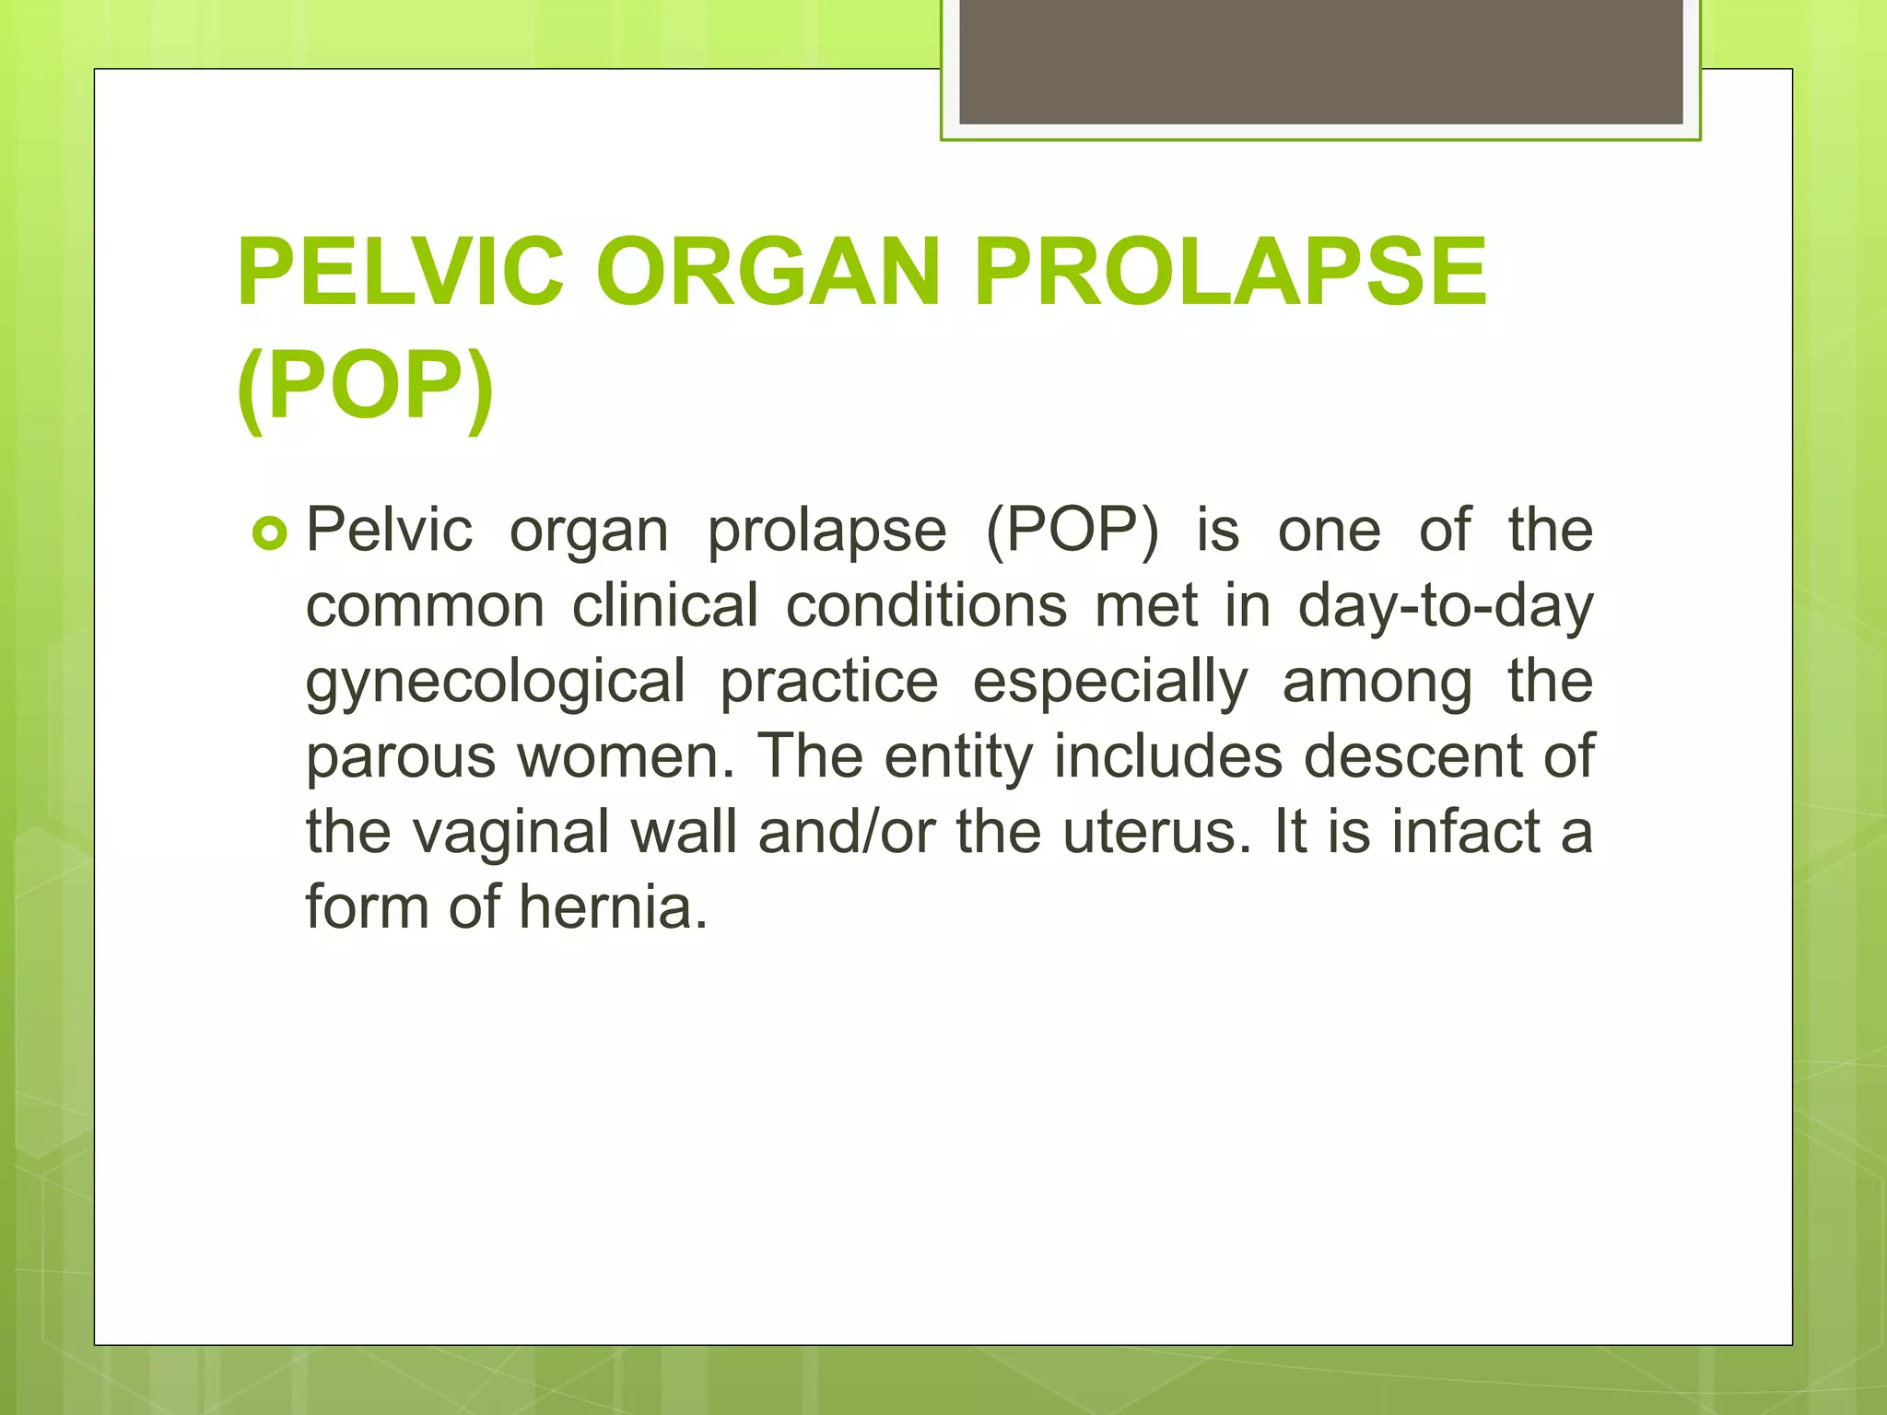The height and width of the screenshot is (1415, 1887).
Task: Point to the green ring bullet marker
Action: (270, 533)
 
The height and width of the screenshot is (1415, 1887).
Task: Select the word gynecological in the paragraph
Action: (496, 683)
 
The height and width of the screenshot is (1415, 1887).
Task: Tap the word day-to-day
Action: (1445, 607)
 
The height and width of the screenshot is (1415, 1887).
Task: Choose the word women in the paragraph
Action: (626, 756)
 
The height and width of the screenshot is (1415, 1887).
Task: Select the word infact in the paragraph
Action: (1464, 832)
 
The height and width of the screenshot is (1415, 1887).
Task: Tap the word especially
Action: (1109, 683)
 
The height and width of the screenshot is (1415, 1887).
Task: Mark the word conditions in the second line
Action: (926, 607)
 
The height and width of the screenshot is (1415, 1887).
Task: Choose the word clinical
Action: (664, 607)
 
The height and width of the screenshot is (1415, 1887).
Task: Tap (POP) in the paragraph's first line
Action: (1072, 532)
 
